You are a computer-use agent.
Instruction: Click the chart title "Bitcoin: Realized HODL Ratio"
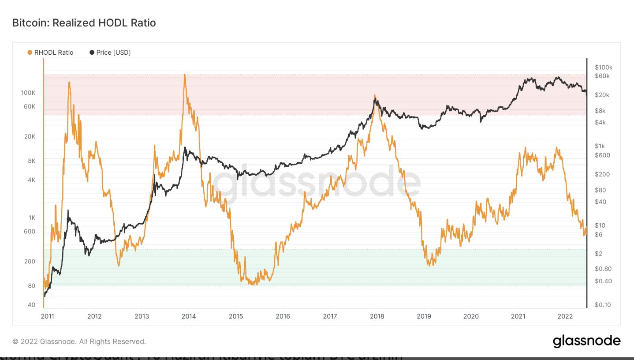point(84,23)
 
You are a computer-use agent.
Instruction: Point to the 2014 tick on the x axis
point(189,316)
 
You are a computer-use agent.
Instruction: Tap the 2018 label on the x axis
point(377,316)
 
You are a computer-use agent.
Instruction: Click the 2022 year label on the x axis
point(565,316)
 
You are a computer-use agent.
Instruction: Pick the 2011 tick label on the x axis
point(47,316)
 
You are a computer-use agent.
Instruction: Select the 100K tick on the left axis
point(28,93)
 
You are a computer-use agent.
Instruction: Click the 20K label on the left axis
point(29,136)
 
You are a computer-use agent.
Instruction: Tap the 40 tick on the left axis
point(31,305)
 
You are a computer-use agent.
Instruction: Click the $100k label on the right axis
point(604,67)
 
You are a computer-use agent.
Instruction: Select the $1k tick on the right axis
point(600,146)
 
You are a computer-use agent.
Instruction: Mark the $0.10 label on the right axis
point(602,305)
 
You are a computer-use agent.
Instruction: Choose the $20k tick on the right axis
point(601,95)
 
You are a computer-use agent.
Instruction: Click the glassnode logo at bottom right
point(586,341)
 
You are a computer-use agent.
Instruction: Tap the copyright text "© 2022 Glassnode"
point(79,341)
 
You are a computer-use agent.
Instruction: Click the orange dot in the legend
point(30,52)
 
